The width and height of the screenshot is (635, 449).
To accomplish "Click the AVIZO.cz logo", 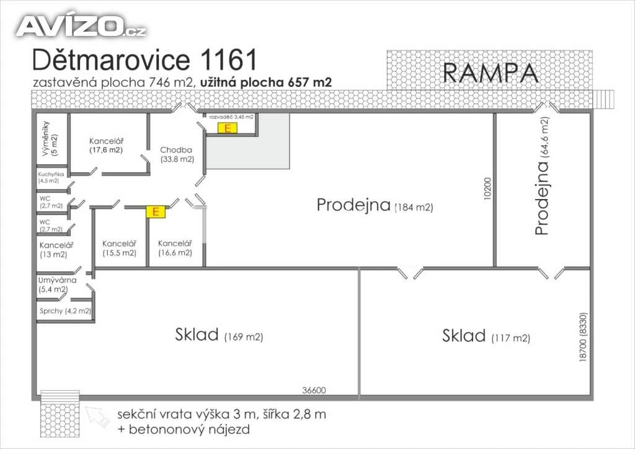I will (x=81, y=25).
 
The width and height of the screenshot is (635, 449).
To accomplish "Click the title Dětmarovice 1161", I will (x=144, y=61).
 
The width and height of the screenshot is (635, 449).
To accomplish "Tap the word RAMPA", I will (x=490, y=73).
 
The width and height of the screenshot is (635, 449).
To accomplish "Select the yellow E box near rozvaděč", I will (x=228, y=128).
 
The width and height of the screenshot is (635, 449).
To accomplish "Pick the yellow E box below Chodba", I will (x=156, y=212).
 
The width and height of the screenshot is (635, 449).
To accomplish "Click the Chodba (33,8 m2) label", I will (x=177, y=154).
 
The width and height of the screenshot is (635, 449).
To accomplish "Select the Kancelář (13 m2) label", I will (x=53, y=249).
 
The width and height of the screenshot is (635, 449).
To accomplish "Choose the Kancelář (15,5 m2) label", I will (x=119, y=248).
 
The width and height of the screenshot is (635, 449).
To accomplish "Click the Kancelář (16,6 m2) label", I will (x=175, y=248).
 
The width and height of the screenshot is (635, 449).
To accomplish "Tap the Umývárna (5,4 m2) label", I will (x=57, y=285).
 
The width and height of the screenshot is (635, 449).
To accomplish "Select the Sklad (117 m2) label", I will (x=486, y=337).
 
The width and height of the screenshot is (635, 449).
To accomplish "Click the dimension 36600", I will (x=314, y=391).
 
